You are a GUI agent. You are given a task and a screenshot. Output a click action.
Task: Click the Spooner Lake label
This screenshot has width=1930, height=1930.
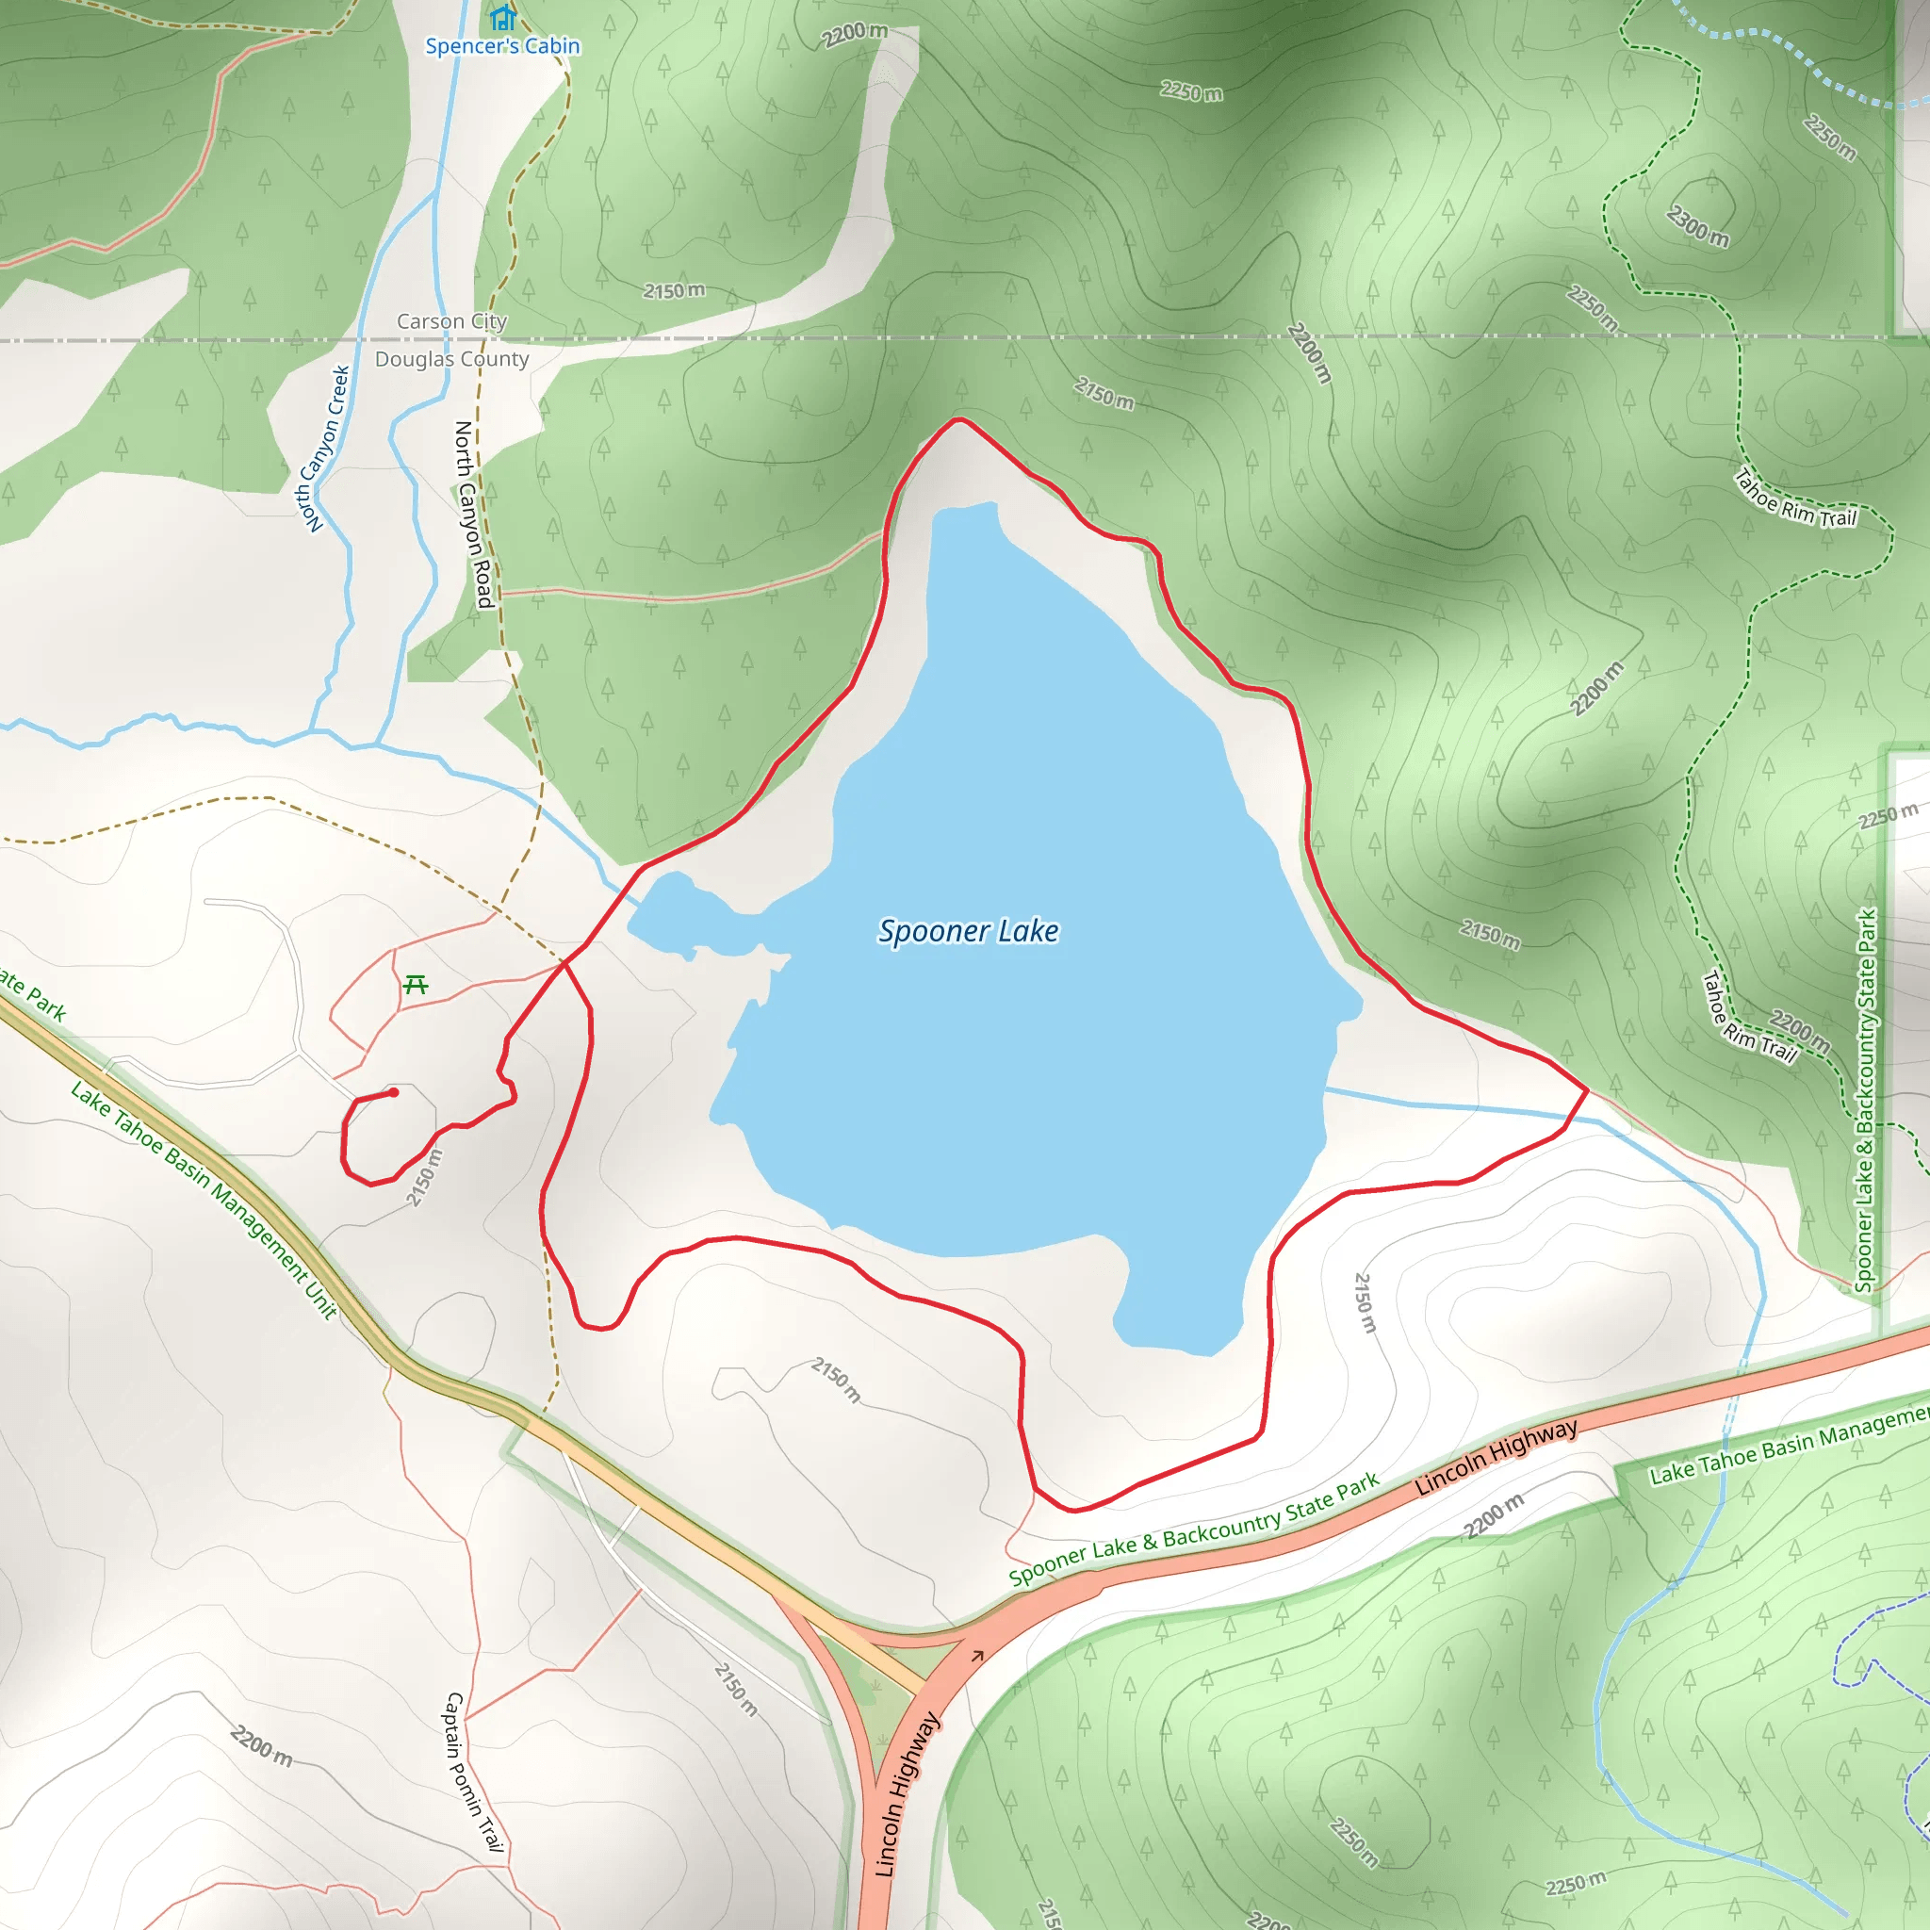(968, 931)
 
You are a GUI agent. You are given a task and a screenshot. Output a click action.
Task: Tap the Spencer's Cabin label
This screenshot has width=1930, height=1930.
(502, 46)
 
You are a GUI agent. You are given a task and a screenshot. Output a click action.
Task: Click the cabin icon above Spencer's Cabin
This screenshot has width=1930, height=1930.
(502, 17)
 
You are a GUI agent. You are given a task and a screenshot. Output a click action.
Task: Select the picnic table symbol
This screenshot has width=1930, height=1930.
(416, 986)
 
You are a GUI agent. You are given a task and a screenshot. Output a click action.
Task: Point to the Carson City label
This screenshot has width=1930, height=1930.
(451, 321)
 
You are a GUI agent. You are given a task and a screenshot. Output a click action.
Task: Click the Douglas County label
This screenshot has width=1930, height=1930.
(451, 359)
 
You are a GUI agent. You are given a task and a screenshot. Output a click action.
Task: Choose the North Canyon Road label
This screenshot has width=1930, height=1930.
(473, 515)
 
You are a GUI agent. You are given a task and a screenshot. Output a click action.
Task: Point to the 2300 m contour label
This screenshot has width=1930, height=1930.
(1697, 226)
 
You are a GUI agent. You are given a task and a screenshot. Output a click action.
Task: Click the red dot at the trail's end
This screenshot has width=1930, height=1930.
(394, 1093)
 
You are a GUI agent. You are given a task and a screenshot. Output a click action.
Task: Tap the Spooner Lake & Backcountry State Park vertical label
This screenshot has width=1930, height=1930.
(1865, 1100)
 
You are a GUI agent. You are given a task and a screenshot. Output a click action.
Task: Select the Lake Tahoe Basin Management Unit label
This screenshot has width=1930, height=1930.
(204, 1200)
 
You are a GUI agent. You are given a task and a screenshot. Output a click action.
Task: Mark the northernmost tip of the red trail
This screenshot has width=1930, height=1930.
(959, 419)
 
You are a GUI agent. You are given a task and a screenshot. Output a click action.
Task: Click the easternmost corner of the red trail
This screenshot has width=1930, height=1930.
(1586, 1090)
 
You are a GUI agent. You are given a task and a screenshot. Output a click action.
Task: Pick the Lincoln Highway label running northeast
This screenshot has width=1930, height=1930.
(1496, 1458)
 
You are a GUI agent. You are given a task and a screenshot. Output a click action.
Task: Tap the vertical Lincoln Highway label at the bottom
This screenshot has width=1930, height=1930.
(906, 1793)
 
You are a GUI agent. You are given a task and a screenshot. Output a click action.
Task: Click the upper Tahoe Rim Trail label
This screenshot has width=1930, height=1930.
(1795, 499)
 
